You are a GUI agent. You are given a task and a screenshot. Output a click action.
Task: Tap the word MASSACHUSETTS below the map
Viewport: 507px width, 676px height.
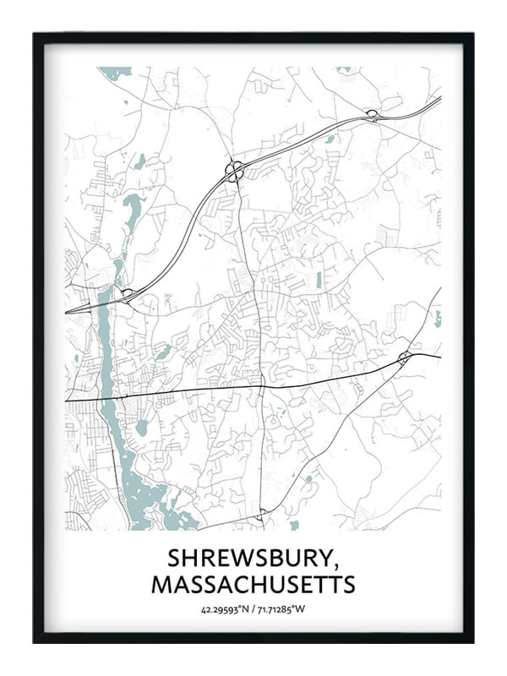point(253,584)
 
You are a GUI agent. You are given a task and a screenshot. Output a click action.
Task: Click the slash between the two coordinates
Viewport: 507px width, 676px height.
point(252,608)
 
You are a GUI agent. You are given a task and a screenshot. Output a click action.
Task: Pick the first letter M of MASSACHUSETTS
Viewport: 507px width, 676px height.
point(161,584)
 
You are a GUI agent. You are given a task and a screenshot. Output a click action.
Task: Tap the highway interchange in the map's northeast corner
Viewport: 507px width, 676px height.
point(371,114)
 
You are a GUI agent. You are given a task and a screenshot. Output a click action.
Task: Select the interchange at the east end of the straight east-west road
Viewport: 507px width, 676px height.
point(404,357)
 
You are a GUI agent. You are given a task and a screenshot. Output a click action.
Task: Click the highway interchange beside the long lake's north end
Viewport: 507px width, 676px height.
point(127,294)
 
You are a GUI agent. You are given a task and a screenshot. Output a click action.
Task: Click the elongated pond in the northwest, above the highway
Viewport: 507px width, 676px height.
point(132,204)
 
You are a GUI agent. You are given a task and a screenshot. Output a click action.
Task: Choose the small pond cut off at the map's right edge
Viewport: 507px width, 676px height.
point(438,319)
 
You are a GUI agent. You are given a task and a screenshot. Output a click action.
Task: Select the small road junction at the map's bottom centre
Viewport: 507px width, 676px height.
point(263,512)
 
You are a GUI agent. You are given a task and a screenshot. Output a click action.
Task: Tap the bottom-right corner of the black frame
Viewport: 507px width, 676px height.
point(472,641)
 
